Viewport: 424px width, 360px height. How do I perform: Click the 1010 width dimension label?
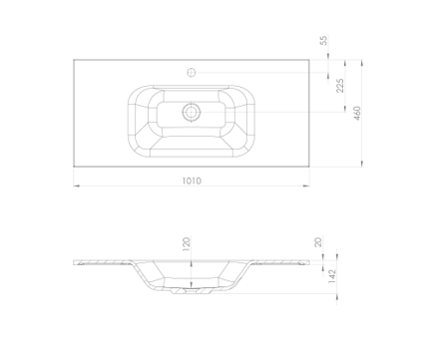[192, 180]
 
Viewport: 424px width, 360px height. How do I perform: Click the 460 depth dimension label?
[357, 113]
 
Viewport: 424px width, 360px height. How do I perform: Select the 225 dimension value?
[340, 86]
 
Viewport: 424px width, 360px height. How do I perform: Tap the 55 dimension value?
[323, 40]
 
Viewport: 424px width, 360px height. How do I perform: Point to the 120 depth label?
[187, 243]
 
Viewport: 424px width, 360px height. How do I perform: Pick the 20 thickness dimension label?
[318, 241]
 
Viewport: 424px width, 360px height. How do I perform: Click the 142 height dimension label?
[332, 276]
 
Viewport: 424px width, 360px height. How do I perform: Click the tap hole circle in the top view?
[192, 72]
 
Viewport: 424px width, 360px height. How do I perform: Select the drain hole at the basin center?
[191, 112]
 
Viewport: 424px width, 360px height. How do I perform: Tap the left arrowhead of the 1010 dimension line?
[77, 185]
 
